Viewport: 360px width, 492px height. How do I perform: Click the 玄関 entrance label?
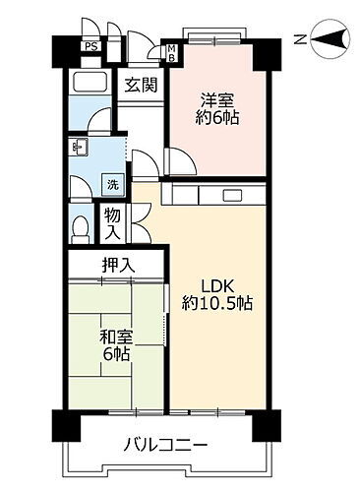(x=138, y=85)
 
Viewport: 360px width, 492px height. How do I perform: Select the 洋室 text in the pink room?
(x=217, y=100)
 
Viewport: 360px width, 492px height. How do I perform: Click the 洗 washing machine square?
(x=113, y=183)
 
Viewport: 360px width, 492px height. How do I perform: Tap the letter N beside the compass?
(x=300, y=38)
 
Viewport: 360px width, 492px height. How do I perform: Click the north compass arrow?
(x=332, y=38)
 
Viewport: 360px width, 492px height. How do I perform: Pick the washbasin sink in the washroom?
(x=80, y=149)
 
